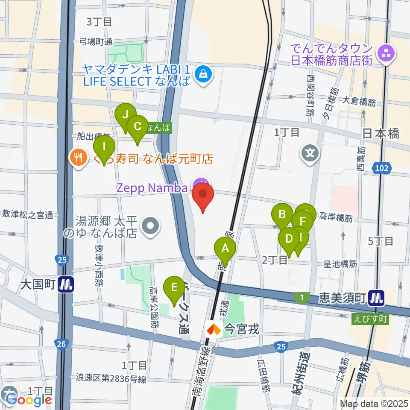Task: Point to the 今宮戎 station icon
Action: (x=213, y=329)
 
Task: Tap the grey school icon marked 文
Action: (x=310, y=152)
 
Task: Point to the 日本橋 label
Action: (x=381, y=134)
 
